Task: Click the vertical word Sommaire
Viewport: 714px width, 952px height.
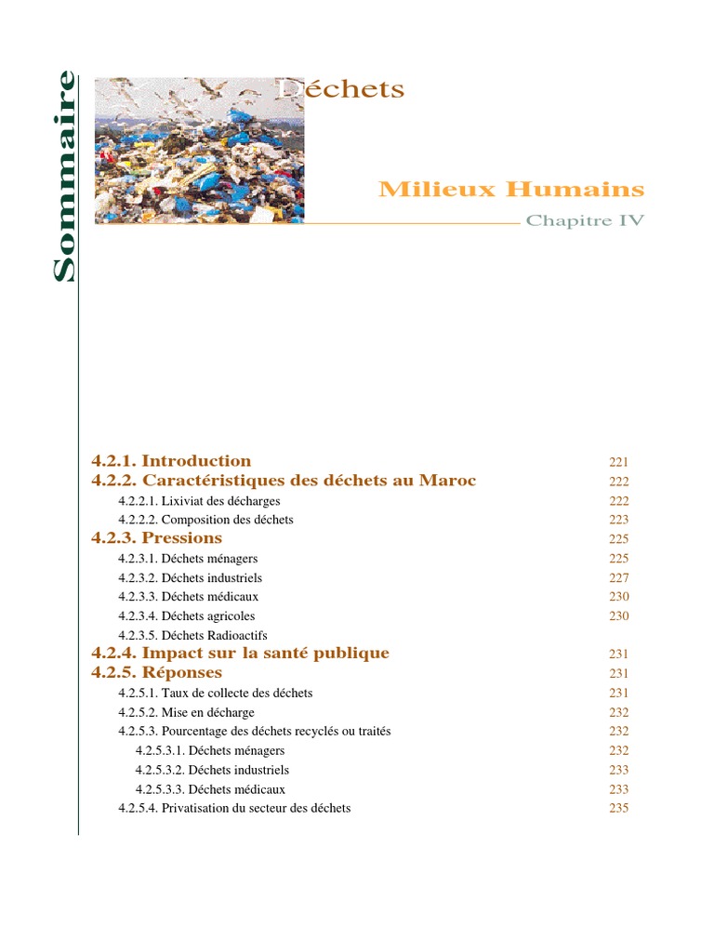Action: [63, 176]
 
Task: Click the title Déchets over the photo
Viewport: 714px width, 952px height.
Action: [342, 89]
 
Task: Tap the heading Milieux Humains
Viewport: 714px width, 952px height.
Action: [510, 190]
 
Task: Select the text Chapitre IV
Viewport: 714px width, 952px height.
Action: [585, 221]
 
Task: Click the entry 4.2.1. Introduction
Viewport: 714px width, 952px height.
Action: [171, 461]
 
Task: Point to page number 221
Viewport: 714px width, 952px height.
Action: [619, 462]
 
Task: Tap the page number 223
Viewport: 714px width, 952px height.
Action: [619, 521]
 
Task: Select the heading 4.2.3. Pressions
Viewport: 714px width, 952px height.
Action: [157, 538]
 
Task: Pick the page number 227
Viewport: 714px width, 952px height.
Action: [619, 578]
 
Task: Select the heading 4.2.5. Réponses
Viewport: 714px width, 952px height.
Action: [157, 672]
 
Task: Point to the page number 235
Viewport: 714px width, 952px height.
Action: [619, 809]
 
